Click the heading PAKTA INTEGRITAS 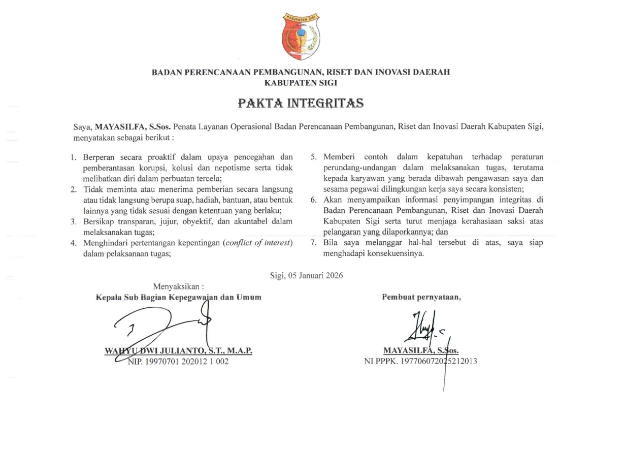tap(301, 104)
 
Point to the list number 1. tap(74, 157)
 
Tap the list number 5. tap(314, 157)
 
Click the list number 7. tap(314, 243)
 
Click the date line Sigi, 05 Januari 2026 tap(307, 276)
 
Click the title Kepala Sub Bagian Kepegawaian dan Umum tap(179, 297)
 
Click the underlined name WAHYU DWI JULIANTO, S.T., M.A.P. tap(178, 351)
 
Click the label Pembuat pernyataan tap(421, 297)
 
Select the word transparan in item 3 tap(134, 221)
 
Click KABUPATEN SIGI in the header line tap(301, 82)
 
